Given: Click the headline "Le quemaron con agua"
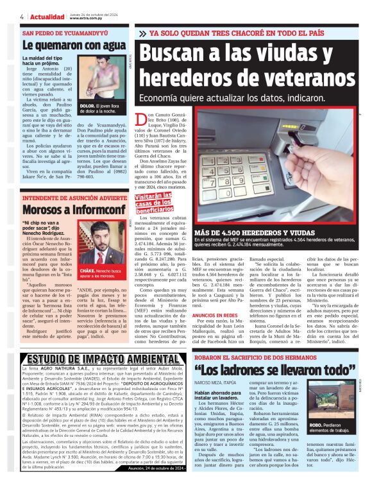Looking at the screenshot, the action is (x=74, y=46).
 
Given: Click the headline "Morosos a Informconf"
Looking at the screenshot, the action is (x=65, y=209).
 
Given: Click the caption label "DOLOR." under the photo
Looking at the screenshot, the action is (x=88, y=105).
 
